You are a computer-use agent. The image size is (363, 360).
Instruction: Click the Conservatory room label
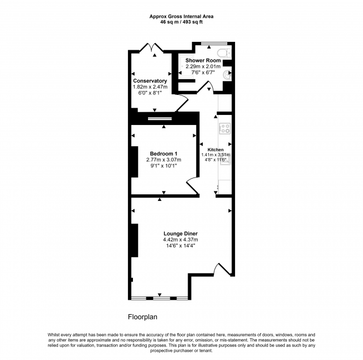click(150, 81)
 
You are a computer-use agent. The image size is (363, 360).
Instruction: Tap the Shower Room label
click(203, 60)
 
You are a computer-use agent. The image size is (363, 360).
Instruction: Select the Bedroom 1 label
click(164, 153)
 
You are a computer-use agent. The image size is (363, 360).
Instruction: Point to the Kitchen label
click(216, 150)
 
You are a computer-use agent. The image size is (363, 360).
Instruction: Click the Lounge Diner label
click(180, 234)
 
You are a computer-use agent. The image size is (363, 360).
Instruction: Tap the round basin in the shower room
click(227, 75)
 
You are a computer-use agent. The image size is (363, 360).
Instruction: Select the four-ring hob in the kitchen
click(225, 128)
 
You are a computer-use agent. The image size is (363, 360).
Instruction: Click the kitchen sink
click(225, 159)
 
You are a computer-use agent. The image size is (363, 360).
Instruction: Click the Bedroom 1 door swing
click(193, 185)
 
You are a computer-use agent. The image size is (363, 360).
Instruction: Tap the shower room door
click(205, 87)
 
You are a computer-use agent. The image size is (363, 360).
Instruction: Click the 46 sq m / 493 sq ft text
click(181, 22)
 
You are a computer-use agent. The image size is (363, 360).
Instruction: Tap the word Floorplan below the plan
click(142, 316)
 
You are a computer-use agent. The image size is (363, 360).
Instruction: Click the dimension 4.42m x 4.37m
click(180, 239)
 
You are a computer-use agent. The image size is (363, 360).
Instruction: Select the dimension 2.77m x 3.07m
click(164, 160)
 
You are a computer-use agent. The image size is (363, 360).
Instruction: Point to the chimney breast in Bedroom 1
click(135, 162)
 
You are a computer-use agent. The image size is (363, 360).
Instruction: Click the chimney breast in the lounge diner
click(135, 241)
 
